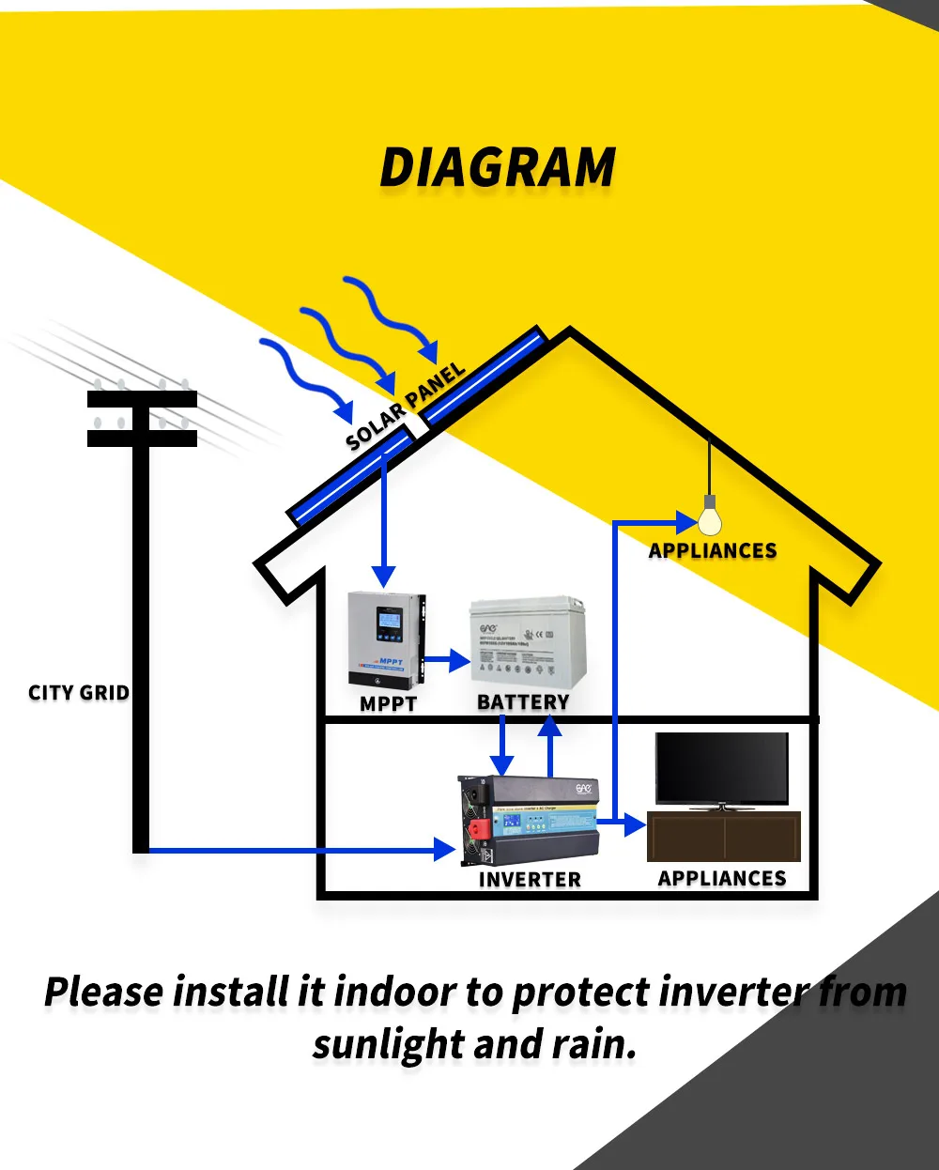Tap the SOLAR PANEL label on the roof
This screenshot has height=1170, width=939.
click(x=406, y=407)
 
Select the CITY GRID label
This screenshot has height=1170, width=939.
click(x=79, y=693)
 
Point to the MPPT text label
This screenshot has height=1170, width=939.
click(x=388, y=702)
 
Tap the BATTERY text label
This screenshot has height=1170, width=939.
click(x=523, y=702)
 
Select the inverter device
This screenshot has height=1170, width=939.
click(x=530, y=820)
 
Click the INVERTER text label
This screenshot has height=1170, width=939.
click(x=530, y=880)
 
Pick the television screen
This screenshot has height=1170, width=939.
click(x=722, y=768)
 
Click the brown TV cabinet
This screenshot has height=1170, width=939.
click(x=724, y=837)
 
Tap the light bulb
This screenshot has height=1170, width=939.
click(x=710, y=519)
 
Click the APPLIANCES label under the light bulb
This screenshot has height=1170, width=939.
click(x=713, y=551)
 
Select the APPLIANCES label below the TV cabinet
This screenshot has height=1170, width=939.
click(x=722, y=879)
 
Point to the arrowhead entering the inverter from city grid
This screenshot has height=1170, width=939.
click(x=445, y=850)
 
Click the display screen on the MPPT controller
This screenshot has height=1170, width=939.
click(x=387, y=623)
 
